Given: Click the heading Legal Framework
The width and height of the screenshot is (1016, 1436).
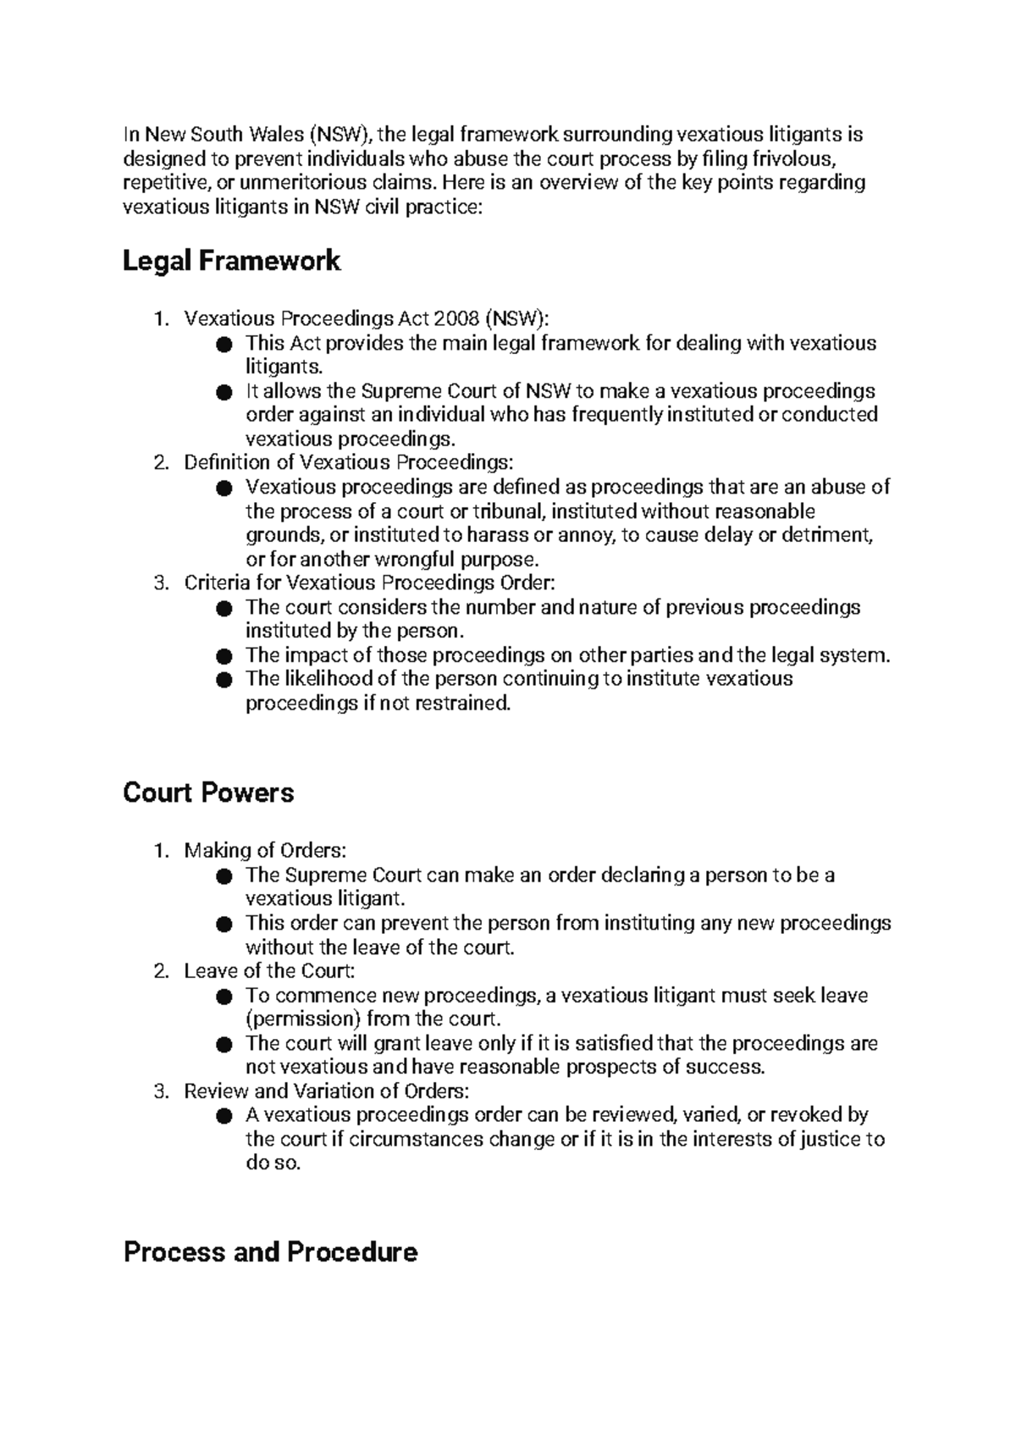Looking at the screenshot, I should tap(231, 261).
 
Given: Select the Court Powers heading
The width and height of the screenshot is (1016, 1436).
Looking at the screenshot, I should tap(208, 793).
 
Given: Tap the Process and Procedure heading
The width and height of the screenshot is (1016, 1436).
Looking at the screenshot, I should tap(270, 1251).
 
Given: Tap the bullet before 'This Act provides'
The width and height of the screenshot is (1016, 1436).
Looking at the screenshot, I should tap(224, 344).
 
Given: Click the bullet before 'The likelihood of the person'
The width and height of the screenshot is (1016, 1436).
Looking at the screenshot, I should tap(224, 680).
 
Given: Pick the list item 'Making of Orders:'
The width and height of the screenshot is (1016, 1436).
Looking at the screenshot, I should tap(265, 850).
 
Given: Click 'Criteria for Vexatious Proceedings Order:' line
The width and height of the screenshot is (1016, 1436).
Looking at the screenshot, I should tap(369, 583).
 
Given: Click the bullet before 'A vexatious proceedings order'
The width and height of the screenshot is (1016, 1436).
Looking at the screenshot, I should tap(224, 1116).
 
